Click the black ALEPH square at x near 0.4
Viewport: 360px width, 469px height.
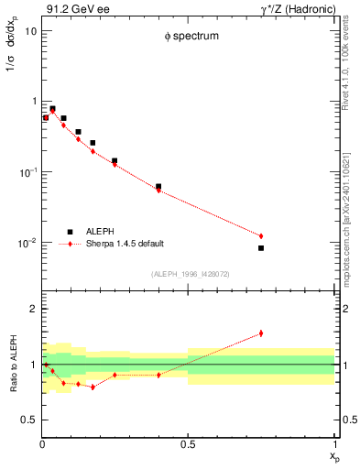coord(158,186)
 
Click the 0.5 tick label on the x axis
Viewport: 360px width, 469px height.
coord(188,444)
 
